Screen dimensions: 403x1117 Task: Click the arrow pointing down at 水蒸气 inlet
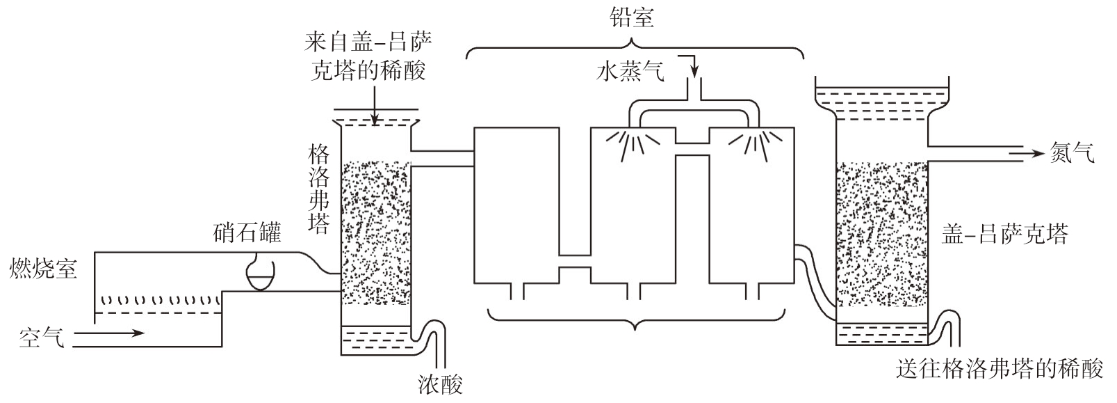692,66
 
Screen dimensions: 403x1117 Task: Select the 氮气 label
1073,152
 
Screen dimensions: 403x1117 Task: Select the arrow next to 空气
108,333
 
